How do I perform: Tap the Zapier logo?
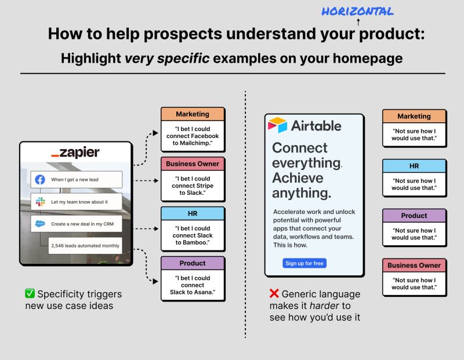[75, 153]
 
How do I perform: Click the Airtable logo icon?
[277, 125]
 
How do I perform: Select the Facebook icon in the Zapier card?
[40, 180]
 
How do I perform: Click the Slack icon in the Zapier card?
[40, 202]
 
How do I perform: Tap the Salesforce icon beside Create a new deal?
[40, 224]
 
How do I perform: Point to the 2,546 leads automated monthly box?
[85, 246]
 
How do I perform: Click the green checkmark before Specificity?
[30, 294]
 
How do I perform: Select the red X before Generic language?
[274, 294]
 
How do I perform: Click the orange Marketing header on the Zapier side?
[193, 114]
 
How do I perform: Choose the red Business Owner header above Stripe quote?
[193, 163]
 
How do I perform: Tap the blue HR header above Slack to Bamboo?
[193, 213]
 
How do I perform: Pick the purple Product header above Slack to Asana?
[193, 263]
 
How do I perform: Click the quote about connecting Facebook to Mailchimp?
[193, 136]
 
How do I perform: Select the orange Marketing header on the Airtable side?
[414, 116]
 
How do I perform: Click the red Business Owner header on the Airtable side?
[414, 265]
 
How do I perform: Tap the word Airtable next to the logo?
[316, 126]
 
